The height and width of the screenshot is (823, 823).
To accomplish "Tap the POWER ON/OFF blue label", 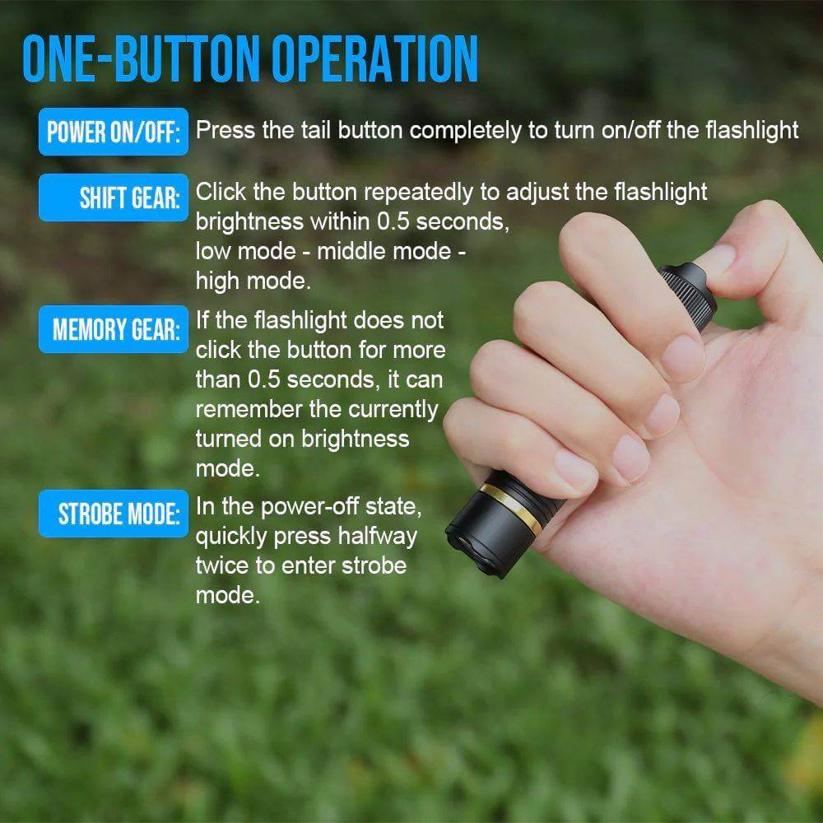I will click(x=114, y=132).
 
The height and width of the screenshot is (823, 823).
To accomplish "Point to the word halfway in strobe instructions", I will click(x=377, y=537).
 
